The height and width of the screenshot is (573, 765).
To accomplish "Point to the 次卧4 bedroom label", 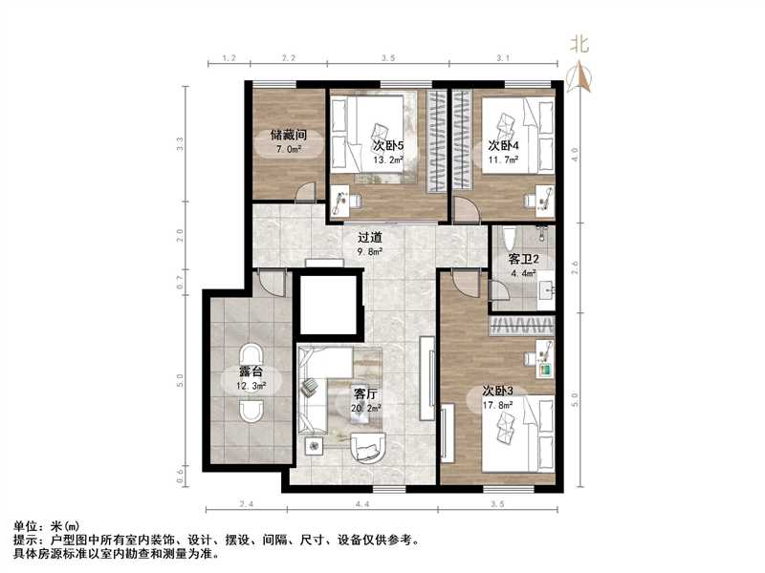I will [x=503, y=145].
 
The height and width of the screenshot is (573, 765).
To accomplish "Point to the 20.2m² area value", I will [x=367, y=407].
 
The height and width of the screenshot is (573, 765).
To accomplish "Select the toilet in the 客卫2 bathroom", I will [x=508, y=237].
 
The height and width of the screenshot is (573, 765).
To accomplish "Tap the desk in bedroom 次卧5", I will [x=342, y=201].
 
